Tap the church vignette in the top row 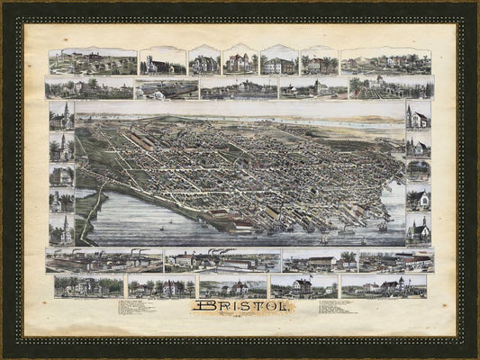coord(163,61)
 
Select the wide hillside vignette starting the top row coord(93,61)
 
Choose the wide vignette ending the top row coord(385,61)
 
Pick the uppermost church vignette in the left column coord(61,116)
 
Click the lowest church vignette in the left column coord(61,229)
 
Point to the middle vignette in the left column coord(61,174)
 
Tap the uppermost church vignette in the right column coord(418,115)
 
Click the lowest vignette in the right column coord(418,229)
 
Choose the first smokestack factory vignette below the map coord(104,260)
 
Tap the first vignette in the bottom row coord(88,286)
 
